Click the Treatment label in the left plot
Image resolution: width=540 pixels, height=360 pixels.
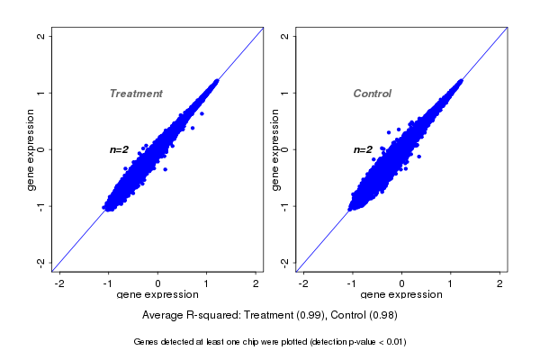tap(136, 94)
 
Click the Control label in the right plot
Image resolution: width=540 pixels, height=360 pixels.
tap(373, 94)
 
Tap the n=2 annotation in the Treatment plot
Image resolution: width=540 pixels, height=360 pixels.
tap(120, 149)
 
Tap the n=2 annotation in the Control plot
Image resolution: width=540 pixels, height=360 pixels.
tap(363, 149)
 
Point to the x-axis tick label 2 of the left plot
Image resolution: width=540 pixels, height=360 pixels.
tap(256, 284)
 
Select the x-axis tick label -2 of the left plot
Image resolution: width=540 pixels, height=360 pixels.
tap(59, 284)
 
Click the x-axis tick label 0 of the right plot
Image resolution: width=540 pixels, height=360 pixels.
tap(402, 284)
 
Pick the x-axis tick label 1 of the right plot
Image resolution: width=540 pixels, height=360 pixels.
tap(451, 284)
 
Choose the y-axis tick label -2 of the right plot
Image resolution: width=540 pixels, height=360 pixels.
tap(285, 262)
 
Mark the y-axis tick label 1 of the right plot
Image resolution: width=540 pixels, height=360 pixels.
tap(285, 93)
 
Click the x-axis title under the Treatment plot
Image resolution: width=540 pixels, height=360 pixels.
tap(157, 295)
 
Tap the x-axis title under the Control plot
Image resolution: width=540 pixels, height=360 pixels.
tap(400, 295)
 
